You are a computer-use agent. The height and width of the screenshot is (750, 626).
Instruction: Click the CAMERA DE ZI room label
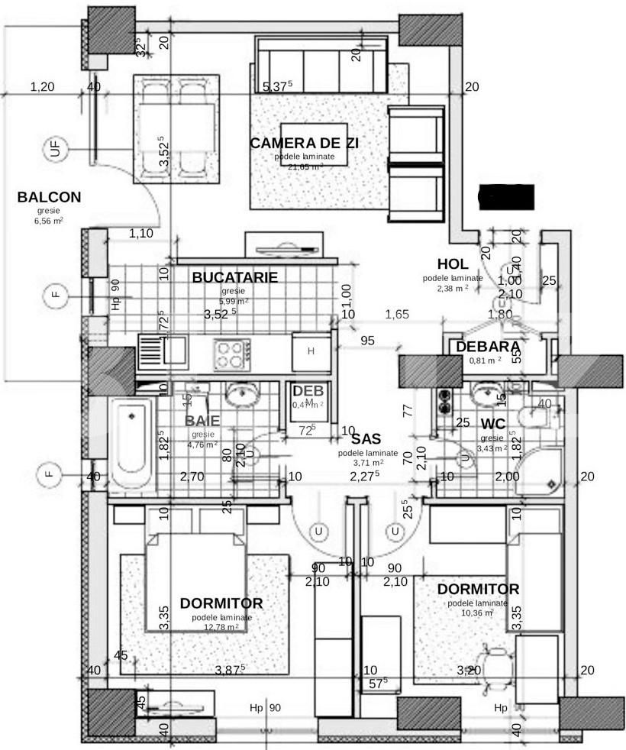pos(304,143)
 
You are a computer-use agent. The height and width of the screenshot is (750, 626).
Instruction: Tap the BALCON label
pos(49,197)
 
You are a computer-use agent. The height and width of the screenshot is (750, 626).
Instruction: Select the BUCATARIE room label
pos(234,277)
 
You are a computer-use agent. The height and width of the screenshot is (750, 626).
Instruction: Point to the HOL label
pos(453,264)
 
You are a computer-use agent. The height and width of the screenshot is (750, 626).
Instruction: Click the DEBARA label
pos(489,347)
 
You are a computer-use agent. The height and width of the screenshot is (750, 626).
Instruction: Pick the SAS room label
pos(366,438)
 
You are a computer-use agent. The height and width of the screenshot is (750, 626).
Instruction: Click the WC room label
pos(493,424)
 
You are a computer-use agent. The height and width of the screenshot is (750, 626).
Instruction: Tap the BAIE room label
pos(203,420)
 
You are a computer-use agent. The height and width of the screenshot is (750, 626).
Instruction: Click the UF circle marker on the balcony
pos(56,149)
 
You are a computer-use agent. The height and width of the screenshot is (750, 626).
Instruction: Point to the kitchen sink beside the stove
pos(163,352)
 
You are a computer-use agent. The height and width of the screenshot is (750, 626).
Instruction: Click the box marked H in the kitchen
pos(311,351)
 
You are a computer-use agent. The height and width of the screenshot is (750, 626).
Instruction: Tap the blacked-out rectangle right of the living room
pos(505,197)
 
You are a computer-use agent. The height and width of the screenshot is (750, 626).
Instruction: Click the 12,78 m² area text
pos(221,627)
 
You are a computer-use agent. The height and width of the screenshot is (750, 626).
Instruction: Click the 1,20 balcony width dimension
pos(42,87)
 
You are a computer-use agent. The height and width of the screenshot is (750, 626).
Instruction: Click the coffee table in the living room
pos(314,143)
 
